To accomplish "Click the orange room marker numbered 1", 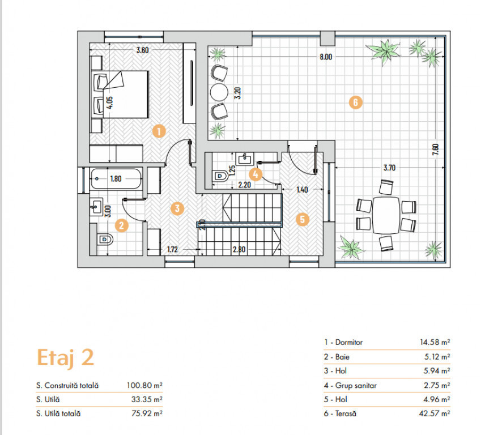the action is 159,131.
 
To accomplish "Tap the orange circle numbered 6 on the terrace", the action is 355,102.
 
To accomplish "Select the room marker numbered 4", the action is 256,174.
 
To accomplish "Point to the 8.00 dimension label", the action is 326,57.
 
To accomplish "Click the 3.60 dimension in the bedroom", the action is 143,50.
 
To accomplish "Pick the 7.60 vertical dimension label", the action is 436,150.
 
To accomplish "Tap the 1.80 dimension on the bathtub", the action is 116,178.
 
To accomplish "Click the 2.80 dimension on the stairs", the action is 239,249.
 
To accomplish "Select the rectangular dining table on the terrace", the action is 386,215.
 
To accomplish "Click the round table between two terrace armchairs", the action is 219,92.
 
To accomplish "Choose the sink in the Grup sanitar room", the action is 244,159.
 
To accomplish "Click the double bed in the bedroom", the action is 120,94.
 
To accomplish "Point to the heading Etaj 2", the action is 65,358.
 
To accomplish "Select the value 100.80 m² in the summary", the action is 144,386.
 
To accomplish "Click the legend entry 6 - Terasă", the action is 340,413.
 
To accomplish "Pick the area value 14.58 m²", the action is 435,342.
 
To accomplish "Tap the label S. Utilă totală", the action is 58,413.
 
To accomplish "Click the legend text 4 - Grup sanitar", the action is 350,386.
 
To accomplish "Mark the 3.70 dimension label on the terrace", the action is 389,168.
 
